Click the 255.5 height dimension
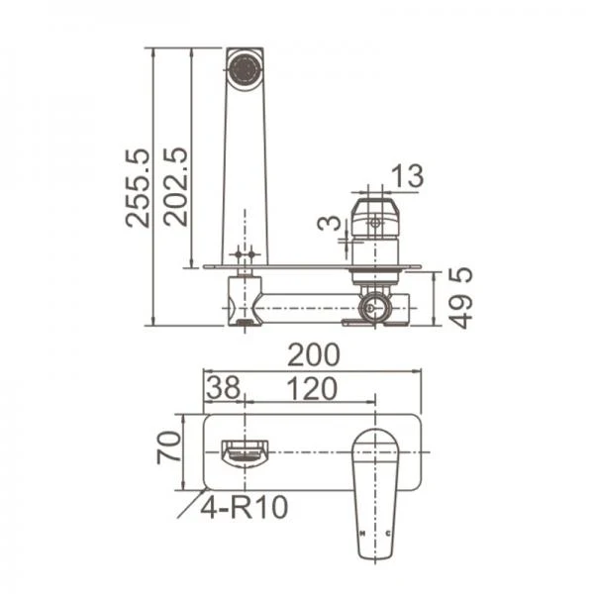pos(138,188)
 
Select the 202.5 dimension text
pos(176,187)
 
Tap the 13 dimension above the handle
pos(407,176)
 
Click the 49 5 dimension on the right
pos(462,298)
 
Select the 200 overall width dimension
pos(314,355)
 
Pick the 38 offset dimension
pos(224,387)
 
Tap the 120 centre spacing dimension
pos(312,389)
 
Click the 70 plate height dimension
pos(169,447)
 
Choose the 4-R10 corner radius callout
pos(244,508)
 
